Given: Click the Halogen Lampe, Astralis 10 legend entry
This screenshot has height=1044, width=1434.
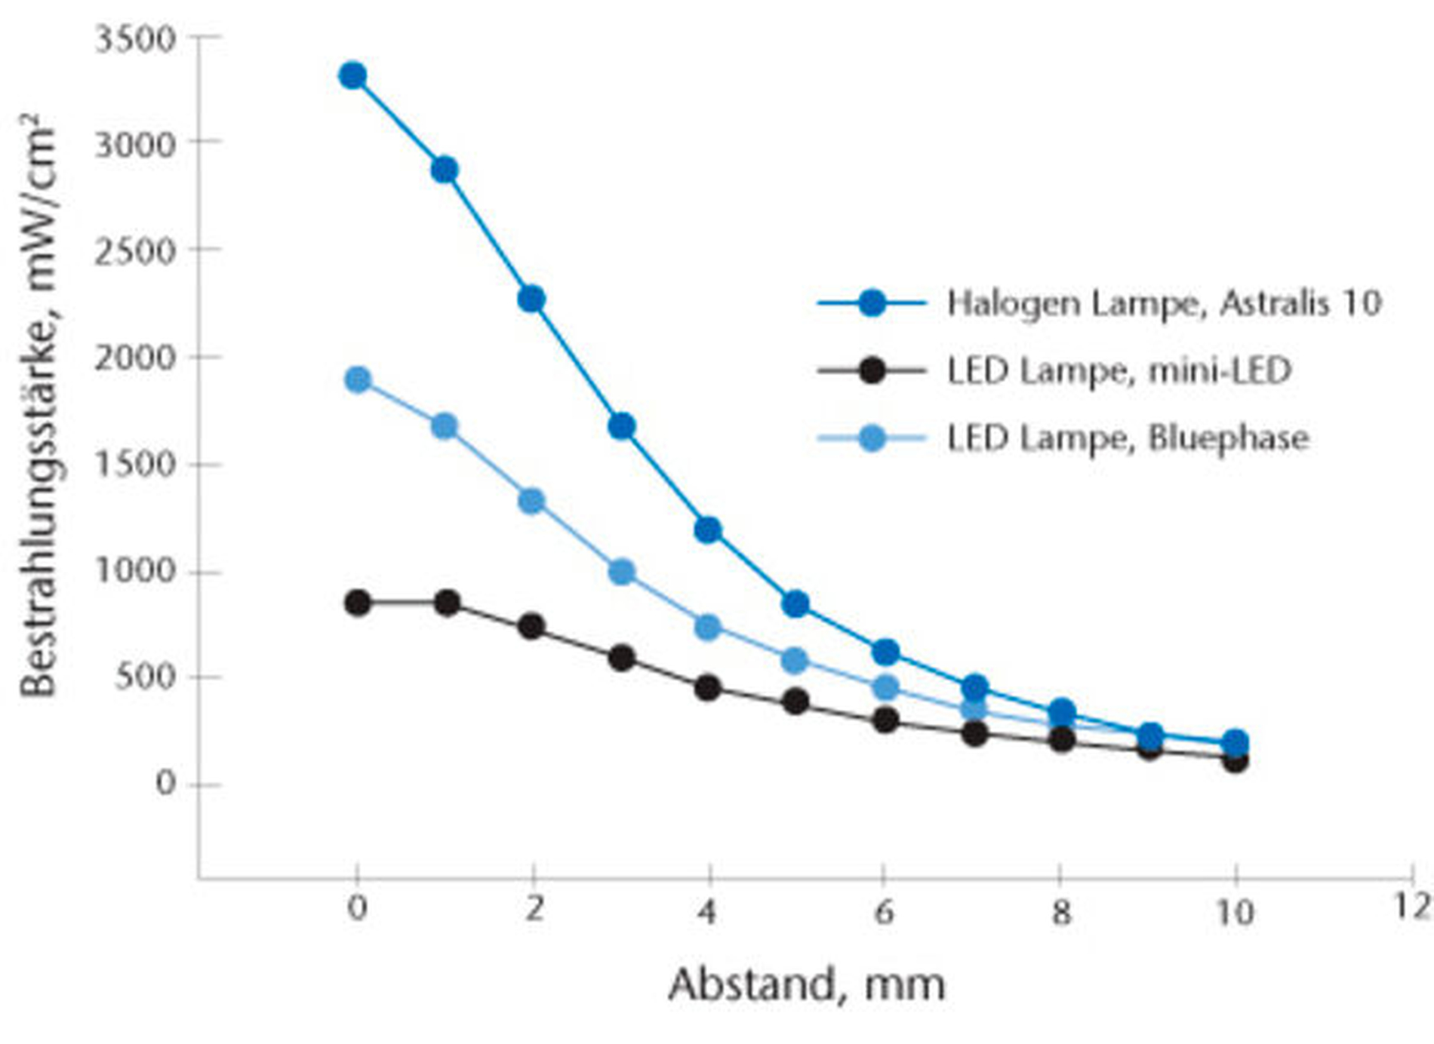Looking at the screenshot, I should coord(1164,303).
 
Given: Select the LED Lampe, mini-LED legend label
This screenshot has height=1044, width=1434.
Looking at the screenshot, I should coord(1119,371).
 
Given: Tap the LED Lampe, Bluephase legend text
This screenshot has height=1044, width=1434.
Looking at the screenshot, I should coord(1128,438).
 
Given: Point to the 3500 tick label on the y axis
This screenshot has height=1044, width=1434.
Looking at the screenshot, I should coord(135,39).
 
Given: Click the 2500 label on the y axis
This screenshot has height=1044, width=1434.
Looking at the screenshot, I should coord(135,252).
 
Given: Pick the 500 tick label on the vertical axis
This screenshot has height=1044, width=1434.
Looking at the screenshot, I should coord(145,677).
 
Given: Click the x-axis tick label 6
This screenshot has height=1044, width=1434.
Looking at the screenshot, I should coord(884,913).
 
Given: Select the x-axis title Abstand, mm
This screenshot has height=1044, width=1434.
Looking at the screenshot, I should coord(806,985).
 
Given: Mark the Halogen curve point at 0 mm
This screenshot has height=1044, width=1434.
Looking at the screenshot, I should coord(352,75).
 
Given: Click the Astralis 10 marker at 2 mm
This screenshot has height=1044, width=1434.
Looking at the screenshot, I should coord(531,299).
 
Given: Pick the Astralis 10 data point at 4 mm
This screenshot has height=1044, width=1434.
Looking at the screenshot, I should coord(707,530).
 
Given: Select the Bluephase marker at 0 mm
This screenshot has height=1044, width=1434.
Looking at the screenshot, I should coord(358,379).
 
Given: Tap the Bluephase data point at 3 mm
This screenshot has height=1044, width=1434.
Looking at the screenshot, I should coord(621,572).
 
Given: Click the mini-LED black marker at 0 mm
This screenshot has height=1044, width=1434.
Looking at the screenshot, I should coord(358,603).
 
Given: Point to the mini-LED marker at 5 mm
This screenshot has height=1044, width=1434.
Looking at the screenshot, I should coord(795,702).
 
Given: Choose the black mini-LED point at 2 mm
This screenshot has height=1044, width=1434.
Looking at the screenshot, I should coord(531,626).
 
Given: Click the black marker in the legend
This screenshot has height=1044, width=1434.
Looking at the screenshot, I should coord(872,371).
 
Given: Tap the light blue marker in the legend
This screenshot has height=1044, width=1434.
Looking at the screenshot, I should coord(872,438).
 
